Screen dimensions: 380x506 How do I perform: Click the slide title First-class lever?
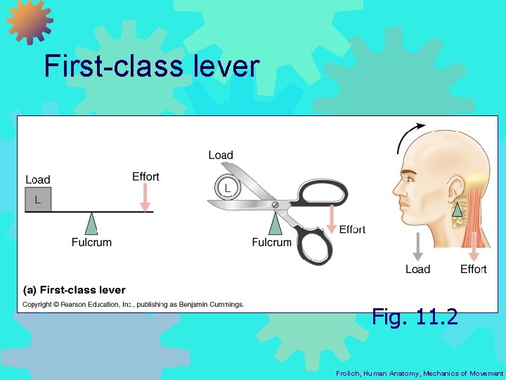pyautogui.click(x=152, y=67)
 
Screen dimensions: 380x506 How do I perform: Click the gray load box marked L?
pyautogui.click(x=38, y=200)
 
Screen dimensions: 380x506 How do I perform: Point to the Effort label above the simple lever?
pyautogui.click(x=145, y=177)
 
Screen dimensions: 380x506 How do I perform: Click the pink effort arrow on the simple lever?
pyautogui.click(x=145, y=197)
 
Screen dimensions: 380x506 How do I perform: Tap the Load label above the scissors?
pyautogui.click(x=221, y=156)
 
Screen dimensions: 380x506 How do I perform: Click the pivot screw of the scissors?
pyautogui.click(x=275, y=205)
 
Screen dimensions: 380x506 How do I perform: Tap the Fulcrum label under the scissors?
pyautogui.click(x=271, y=243)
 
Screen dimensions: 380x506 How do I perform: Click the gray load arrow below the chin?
pyautogui.click(x=417, y=246)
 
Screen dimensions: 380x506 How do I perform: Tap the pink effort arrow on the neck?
pyautogui.click(x=474, y=246)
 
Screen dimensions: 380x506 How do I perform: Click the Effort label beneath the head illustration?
pyautogui.click(x=473, y=270)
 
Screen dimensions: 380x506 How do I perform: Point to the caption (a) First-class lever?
pyautogui.click(x=74, y=290)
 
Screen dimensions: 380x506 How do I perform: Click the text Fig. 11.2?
pyautogui.click(x=415, y=317)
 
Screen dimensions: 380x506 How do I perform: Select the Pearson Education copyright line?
pyautogui.click(x=134, y=305)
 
